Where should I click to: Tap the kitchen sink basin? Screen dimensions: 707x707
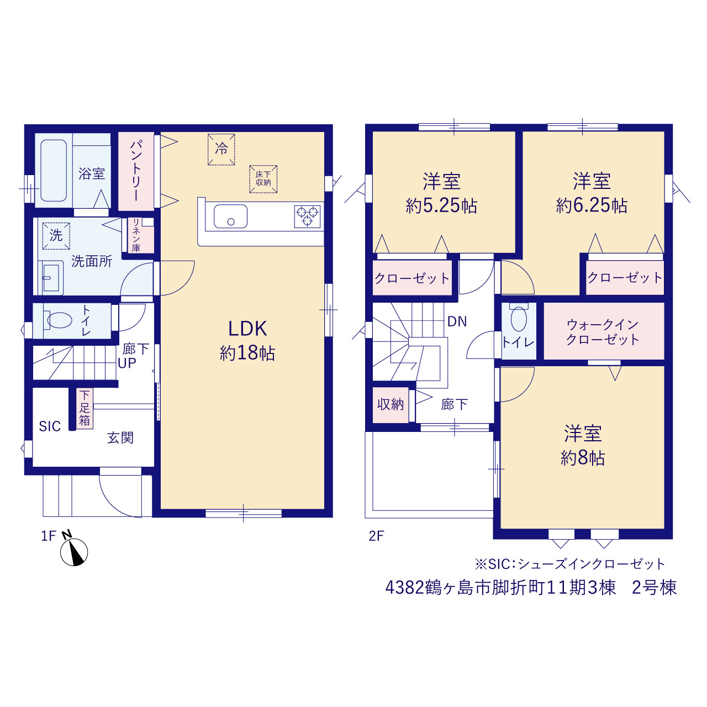click(x=230, y=216)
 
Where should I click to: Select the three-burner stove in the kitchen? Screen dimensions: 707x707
click(x=307, y=217)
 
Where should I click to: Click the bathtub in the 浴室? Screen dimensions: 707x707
click(x=54, y=170)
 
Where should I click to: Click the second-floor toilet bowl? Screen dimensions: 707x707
click(x=519, y=318)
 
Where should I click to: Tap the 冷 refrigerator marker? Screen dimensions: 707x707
click(x=221, y=149)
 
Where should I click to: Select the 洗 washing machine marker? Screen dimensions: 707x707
click(x=56, y=236)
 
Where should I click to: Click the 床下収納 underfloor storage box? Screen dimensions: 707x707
click(x=263, y=179)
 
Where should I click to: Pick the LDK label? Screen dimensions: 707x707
click(x=247, y=329)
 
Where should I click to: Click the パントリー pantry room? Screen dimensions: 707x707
click(x=136, y=171)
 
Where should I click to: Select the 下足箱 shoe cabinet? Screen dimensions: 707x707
click(x=85, y=408)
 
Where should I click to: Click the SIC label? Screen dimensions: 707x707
click(x=50, y=426)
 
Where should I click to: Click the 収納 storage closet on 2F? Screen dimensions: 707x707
click(x=391, y=405)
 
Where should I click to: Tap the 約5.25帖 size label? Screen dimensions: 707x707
click(x=441, y=206)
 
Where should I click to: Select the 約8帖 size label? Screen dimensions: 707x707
click(x=582, y=458)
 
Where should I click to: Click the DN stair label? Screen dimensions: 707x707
click(x=457, y=322)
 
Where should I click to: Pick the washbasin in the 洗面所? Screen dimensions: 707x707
click(x=51, y=278)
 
